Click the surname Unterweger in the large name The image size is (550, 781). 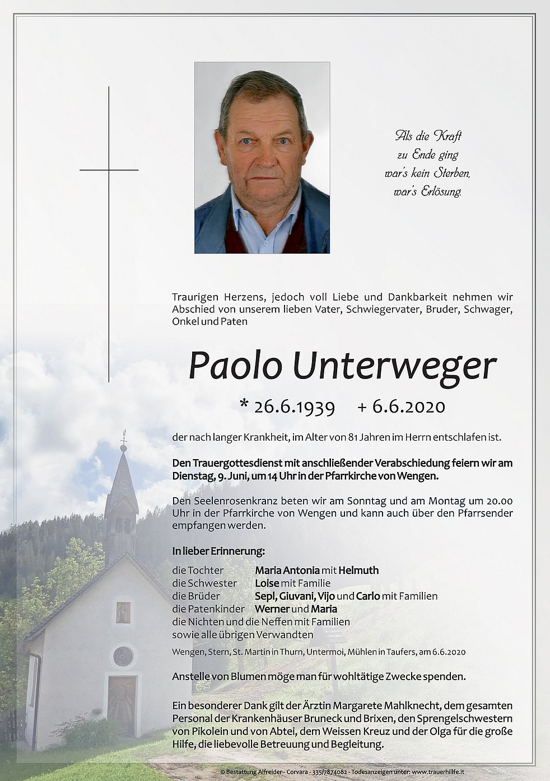[394, 367]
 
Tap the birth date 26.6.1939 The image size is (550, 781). [294, 406]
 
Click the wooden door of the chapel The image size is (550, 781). [122, 705]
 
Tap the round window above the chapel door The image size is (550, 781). [123, 656]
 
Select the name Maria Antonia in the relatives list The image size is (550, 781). [287, 570]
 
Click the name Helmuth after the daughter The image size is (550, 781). [358, 570]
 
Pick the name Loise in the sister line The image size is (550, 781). [267, 583]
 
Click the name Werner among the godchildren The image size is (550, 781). [272, 609]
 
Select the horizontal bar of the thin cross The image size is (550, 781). [109, 170]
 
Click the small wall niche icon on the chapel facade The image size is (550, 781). [123, 612]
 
